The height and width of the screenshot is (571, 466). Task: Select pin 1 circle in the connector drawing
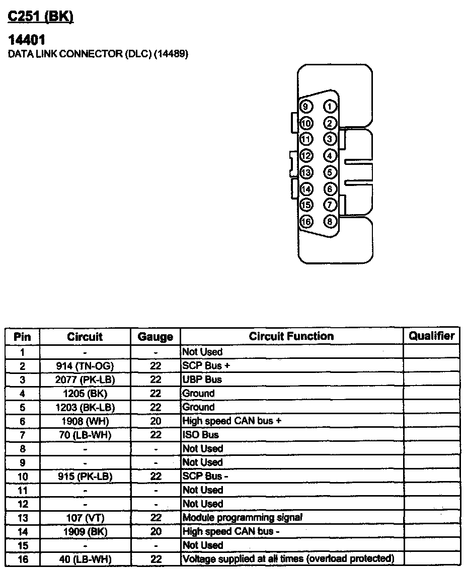click(x=330, y=107)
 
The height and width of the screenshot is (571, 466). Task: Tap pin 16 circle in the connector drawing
click(x=306, y=221)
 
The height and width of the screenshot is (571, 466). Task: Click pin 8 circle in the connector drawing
click(x=330, y=221)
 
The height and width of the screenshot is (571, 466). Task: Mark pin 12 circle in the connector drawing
click(x=306, y=156)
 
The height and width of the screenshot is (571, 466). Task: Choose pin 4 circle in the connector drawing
click(x=330, y=156)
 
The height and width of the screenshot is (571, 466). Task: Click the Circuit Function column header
click(x=291, y=336)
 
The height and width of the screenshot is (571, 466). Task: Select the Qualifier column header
click(x=431, y=336)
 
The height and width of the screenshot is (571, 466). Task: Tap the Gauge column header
click(x=156, y=337)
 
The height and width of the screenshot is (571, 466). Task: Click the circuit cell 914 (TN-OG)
click(x=85, y=366)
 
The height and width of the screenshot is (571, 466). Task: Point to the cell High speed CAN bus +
click(x=231, y=421)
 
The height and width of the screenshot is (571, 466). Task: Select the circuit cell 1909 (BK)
click(x=85, y=531)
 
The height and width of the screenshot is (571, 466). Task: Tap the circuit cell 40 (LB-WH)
click(x=85, y=559)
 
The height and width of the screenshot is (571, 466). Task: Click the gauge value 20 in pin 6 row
click(x=156, y=421)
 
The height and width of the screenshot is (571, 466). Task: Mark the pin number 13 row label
click(x=22, y=518)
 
